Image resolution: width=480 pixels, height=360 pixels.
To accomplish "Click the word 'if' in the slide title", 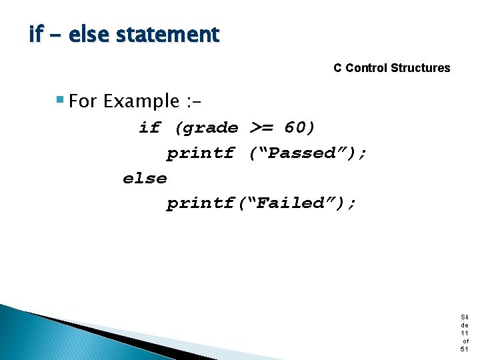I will (x=35, y=34).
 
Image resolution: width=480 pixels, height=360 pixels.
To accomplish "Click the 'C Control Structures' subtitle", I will (x=391, y=68).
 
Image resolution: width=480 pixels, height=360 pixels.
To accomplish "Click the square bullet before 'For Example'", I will (x=60, y=101).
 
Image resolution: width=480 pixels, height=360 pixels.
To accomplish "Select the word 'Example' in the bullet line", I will (x=141, y=101).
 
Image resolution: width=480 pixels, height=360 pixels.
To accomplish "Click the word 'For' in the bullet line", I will (x=83, y=101).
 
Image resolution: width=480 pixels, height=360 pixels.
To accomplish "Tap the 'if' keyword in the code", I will (x=149, y=127).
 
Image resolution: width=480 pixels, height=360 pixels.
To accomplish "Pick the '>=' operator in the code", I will (x=261, y=127).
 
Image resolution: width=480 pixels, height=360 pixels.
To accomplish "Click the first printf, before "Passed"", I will (x=201, y=153).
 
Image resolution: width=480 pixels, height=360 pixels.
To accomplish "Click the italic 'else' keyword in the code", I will (x=145, y=179).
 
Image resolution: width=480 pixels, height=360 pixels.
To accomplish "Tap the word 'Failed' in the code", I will (x=294, y=203).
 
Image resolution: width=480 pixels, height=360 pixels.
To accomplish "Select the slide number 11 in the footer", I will (x=464, y=333).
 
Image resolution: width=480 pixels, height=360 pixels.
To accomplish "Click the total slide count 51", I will (x=464, y=349).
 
